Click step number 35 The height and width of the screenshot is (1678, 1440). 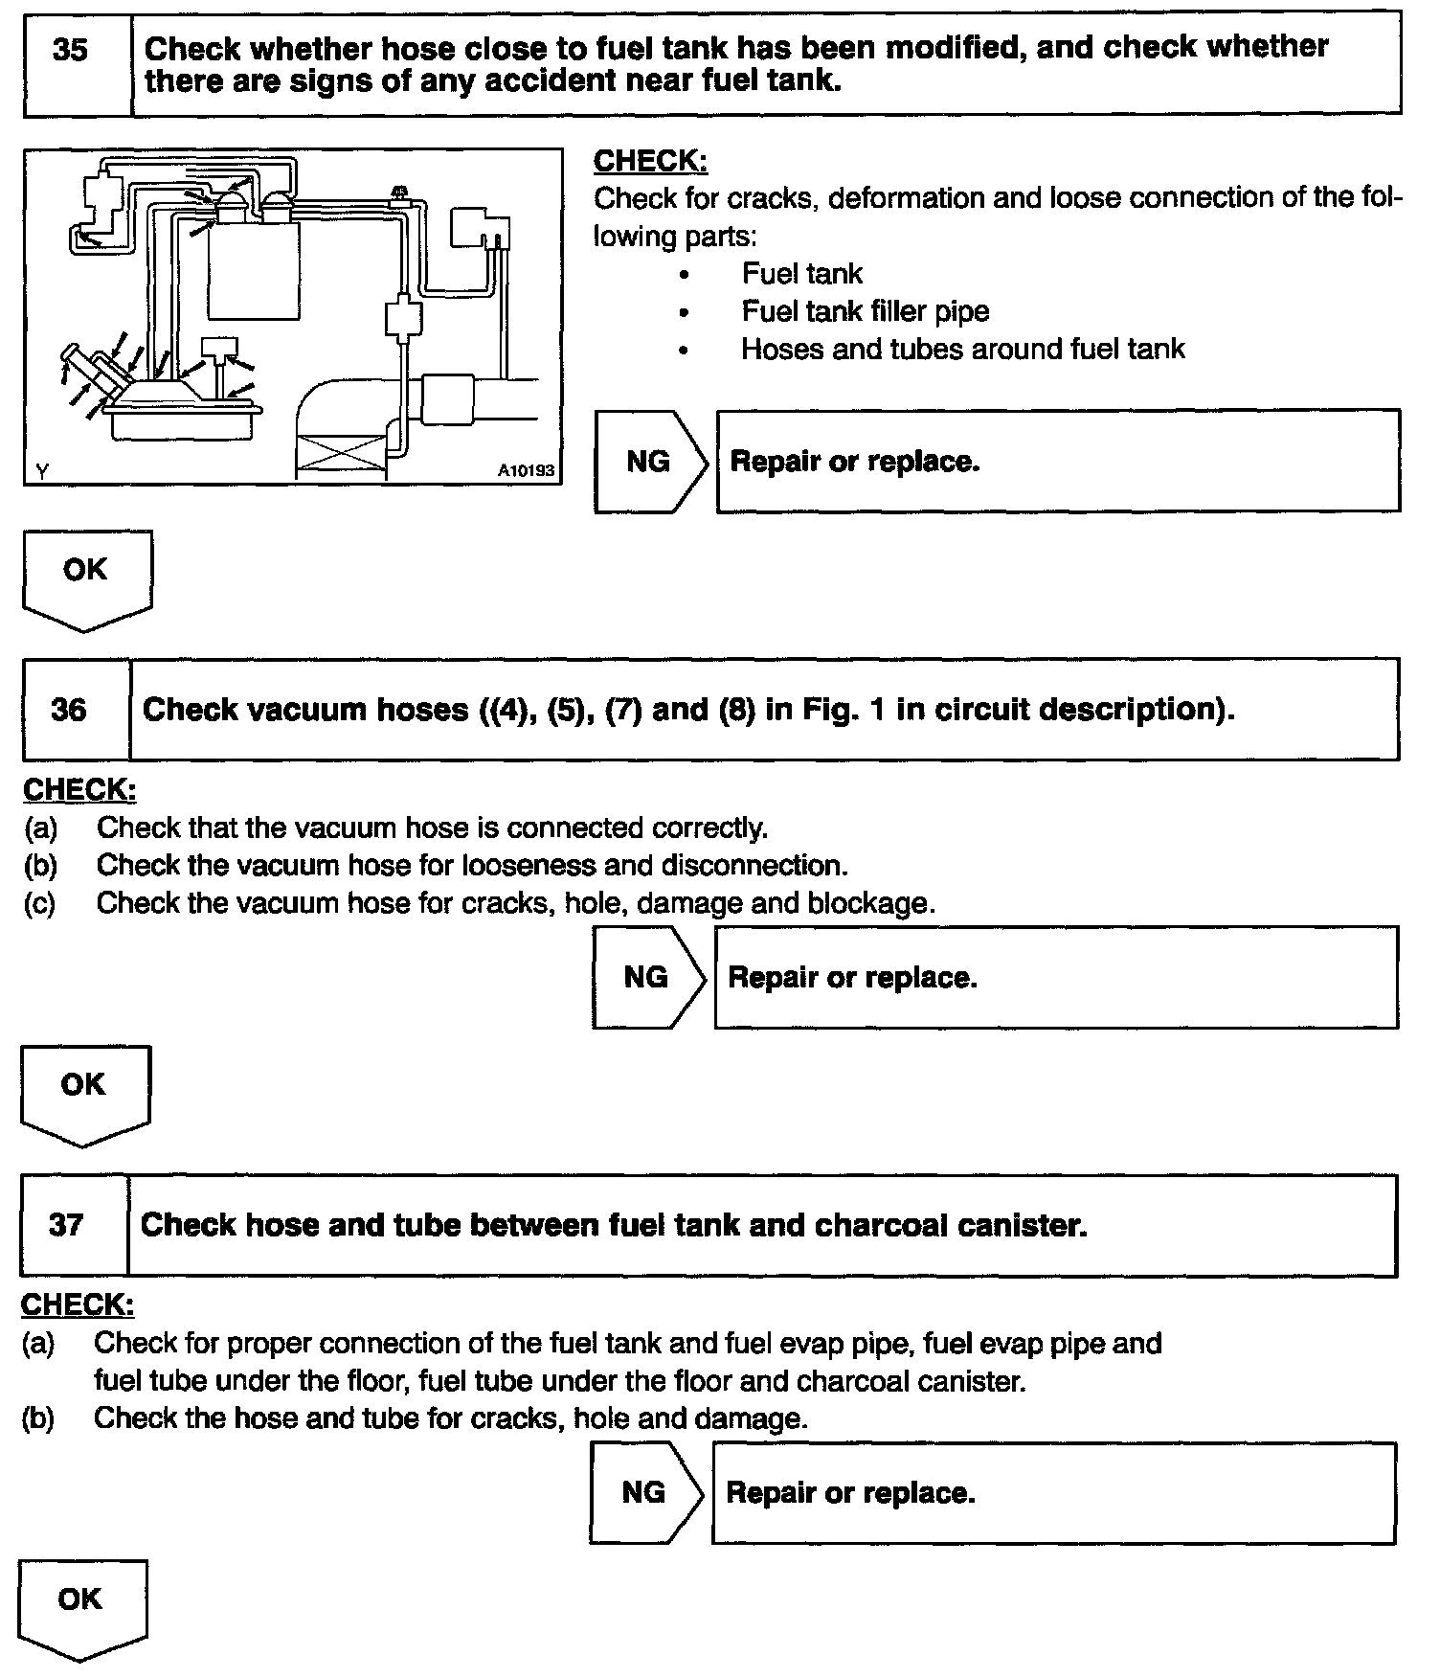pos(70,51)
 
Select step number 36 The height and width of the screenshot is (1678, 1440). pos(68,710)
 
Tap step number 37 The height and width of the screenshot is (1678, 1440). pos(66,1225)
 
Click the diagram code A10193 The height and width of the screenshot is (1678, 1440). pos(526,470)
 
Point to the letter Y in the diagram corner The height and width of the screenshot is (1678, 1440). pos(41,470)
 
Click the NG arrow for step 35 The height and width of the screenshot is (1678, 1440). pos(650,462)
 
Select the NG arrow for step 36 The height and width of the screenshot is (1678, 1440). pos(647,977)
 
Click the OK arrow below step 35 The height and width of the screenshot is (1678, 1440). pos(86,578)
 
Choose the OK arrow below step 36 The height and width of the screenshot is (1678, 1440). pos(84,1092)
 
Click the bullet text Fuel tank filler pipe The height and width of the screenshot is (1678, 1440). pos(865,311)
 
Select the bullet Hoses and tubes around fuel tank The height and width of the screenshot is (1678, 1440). pos(962,349)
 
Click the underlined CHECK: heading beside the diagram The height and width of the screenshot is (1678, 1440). pos(651,161)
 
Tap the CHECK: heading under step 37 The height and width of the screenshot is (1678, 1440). pos(78,1304)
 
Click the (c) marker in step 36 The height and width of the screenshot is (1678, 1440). pos(39,903)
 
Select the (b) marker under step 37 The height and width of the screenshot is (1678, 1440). pos(37,1418)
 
